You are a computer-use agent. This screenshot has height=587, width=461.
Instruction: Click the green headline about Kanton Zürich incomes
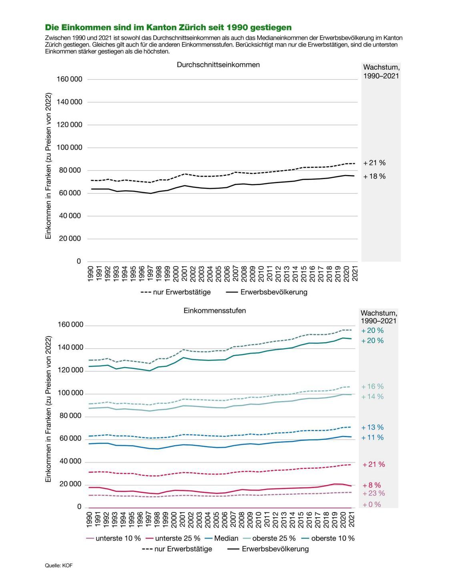tap(168, 28)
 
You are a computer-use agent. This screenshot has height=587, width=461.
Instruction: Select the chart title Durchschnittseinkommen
tap(218, 65)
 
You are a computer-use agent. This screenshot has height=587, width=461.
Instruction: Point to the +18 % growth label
tap(374, 176)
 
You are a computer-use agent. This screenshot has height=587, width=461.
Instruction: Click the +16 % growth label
tap(372, 387)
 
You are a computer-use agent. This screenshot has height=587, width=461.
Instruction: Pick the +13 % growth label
tap(372, 428)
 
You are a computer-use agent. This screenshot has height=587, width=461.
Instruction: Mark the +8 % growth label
tap(372, 485)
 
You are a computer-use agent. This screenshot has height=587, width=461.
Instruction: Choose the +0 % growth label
tap(372, 504)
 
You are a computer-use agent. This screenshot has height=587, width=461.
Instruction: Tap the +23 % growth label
tap(373, 493)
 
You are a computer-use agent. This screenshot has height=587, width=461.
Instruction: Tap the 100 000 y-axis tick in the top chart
tap(69, 147)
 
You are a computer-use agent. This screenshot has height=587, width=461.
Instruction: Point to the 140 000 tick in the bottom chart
tap(69, 348)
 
